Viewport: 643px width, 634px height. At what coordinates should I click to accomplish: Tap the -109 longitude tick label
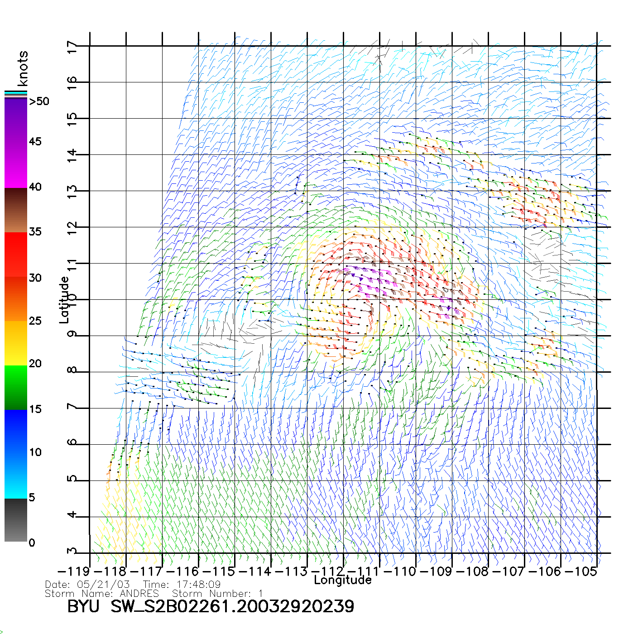pyautogui.click(x=436, y=572)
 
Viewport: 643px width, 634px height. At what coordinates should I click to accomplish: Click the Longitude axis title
pyautogui.click(x=343, y=580)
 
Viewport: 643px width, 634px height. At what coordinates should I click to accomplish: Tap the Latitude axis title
pyautogui.click(x=64, y=300)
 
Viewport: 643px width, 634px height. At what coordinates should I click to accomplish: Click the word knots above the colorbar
pyautogui.click(x=23, y=68)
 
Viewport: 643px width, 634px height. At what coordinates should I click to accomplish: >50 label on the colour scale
pyautogui.click(x=39, y=101)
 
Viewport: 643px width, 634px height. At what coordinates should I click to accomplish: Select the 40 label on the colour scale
pyautogui.click(x=35, y=187)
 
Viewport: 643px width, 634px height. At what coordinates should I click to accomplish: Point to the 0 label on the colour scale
pyautogui.click(x=32, y=543)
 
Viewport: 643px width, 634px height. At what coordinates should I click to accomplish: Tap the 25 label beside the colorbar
pyautogui.click(x=35, y=321)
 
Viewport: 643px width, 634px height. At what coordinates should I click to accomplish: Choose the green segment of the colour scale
pyautogui.click(x=16, y=387)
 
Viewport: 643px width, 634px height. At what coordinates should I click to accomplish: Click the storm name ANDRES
pyautogui.click(x=139, y=593)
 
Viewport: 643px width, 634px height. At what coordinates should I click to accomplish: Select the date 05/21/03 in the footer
pyautogui.click(x=104, y=585)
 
